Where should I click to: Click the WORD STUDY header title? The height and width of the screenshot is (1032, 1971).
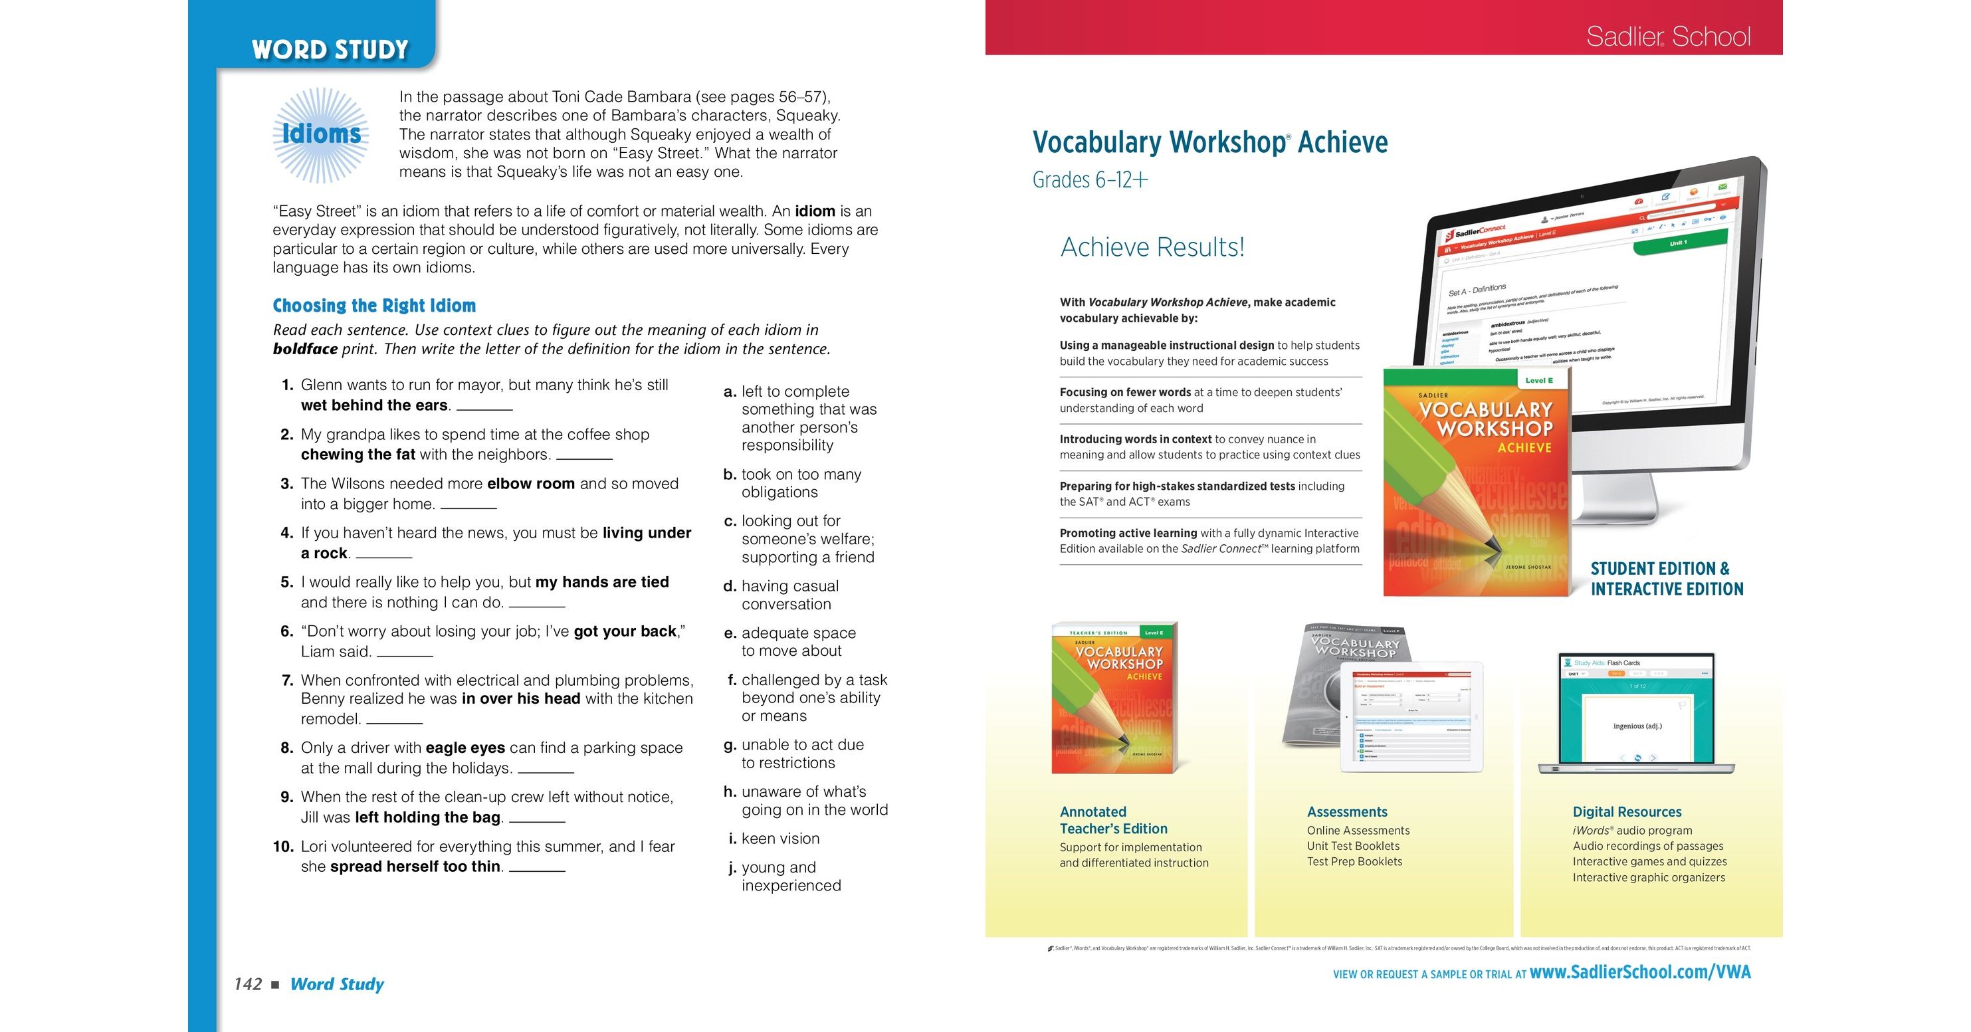[330, 50]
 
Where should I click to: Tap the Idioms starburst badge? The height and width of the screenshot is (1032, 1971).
[322, 135]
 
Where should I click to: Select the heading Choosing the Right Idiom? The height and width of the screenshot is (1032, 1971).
[374, 306]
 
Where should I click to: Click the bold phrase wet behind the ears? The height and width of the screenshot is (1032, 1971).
[374, 405]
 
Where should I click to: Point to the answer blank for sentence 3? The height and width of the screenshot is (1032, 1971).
[468, 506]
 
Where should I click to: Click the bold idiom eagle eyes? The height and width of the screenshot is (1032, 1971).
[465, 748]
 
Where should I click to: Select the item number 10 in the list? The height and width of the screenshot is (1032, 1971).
[283, 846]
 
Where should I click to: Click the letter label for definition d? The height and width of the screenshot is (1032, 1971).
[729, 586]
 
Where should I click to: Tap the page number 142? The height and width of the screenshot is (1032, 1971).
[248, 983]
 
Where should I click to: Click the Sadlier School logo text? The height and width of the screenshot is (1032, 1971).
[1668, 36]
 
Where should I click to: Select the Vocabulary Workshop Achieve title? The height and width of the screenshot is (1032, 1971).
[1209, 142]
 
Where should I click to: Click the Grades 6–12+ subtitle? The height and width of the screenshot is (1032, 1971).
[1090, 180]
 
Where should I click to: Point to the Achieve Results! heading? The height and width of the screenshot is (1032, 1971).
[1152, 247]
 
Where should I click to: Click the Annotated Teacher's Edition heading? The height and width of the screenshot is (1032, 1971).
[1113, 820]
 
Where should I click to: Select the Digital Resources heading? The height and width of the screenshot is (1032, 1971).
[1627, 811]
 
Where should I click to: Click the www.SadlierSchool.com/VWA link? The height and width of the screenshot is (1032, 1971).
[1639, 972]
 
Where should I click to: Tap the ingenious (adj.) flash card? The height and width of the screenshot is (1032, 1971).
[1637, 725]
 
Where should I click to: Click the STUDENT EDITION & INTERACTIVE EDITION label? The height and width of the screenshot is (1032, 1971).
[1667, 579]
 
